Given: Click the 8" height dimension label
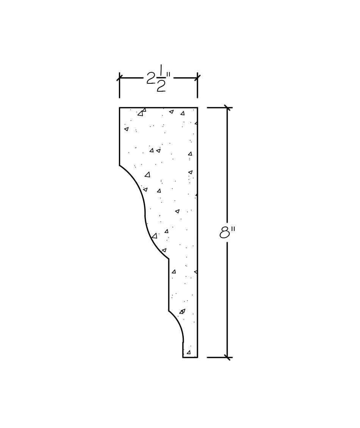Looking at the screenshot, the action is tap(227, 233).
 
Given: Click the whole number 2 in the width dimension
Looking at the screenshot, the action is tap(150, 78).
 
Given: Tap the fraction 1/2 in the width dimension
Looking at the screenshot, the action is tap(161, 78).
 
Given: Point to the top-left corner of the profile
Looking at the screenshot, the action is tap(120, 108).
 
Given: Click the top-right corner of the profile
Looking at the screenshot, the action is tap(197, 108).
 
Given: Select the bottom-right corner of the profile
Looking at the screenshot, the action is tap(197, 357).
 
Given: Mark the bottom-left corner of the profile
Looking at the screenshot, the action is tap(183, 357).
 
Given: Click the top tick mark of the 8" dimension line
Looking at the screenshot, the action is tap(227, 108).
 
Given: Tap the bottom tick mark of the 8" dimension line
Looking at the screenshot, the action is tap(227, 357).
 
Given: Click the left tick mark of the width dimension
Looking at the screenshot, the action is tap(120, 78).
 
